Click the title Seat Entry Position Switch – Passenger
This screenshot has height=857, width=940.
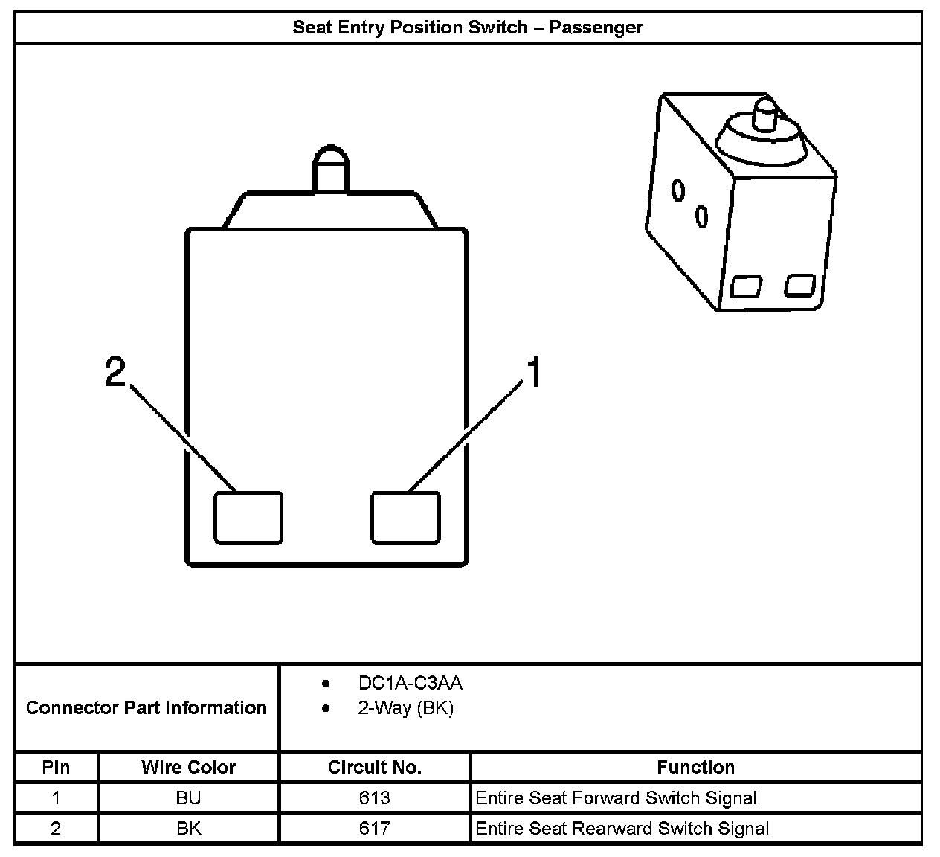coord(468,28)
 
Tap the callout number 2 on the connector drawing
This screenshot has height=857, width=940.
coord(115,372)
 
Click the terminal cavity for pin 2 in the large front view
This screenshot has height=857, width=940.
coord(248,518)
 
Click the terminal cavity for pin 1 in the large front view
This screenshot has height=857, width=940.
coord(405,518)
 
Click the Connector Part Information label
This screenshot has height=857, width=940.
coord(147,707)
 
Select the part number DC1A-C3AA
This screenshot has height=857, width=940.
coord(410,683)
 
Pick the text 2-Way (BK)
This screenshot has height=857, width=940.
coord(405,708)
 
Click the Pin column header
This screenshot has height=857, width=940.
coord(57,767)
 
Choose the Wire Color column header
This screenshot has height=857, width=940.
coord(188,767)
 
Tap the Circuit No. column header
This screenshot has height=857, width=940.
coord(374,767)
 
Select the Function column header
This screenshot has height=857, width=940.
coord(695,767)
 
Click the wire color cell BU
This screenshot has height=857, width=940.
coord(188,798)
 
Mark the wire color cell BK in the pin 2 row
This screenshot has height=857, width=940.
coord(188,829)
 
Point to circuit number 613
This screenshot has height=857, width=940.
coord(374,798)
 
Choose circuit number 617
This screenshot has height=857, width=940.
coord(374,829)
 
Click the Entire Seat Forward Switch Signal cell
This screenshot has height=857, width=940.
coord(616,798)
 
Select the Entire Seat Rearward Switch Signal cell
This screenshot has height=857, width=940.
coord(622,829)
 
